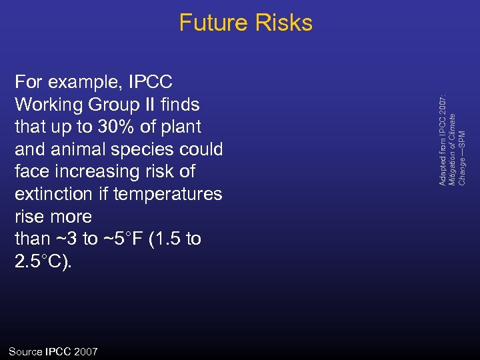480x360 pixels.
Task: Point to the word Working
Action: pos(48,105)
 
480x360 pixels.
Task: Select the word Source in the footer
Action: pos(25,351)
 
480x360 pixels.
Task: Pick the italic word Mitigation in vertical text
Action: pos(453,167)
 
